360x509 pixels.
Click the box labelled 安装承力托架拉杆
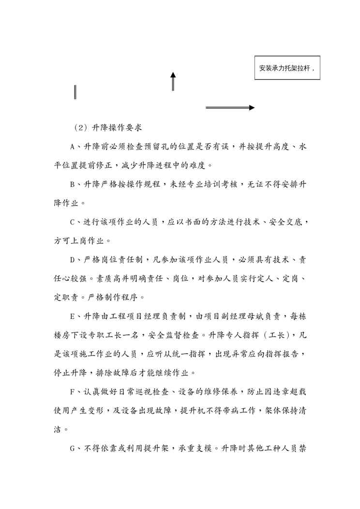coord(287,68)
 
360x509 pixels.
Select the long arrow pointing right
coord(230,107)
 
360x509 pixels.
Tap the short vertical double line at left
coord(75,91)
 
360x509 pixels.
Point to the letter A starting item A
coord(72,147)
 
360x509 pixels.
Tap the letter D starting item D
coord(72,260)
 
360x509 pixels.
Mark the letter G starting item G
coord(72,448)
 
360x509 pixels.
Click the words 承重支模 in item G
coord(201,448)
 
